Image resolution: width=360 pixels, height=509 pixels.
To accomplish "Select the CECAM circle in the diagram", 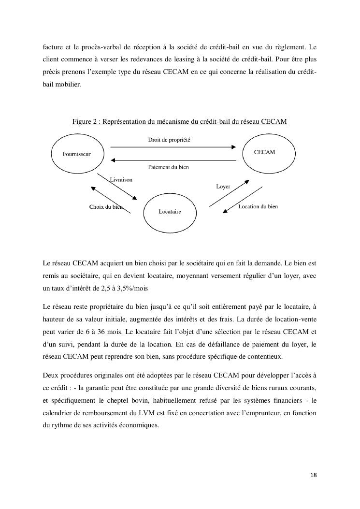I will tap(264, 152).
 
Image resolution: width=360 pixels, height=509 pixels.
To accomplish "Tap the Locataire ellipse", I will tap(170, 212).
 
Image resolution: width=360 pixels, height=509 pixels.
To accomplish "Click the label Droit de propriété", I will tap(169, 139).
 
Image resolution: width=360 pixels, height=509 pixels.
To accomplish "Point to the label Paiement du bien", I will tap(168, 167).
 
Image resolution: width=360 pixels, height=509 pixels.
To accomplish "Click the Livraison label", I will tap(121, 179).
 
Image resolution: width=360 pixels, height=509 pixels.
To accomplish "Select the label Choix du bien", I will tap(106, 207).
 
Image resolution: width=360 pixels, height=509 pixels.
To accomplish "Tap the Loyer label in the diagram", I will tap(223, 186).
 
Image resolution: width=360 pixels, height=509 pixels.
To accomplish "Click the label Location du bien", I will tap(258, 206).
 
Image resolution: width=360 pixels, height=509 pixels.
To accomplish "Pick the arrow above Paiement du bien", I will tap(173, 160).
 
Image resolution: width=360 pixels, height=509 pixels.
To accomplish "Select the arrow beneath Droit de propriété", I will tap(173, 146).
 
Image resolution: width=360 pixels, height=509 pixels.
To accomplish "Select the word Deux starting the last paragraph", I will tap(51, 375).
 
